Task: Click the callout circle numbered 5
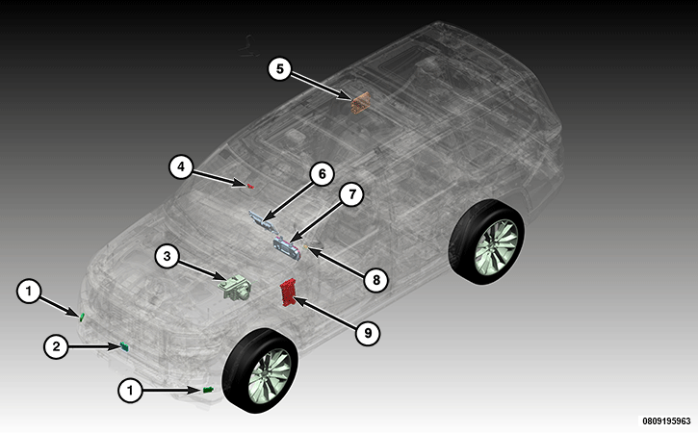(x=279, y=69)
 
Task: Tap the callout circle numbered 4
(x=181, y=166)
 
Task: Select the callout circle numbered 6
(x=322, y=173)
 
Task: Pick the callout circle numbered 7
(x=351, y=194)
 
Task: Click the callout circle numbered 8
(x=376, y=280)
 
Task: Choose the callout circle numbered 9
(x=368, y=333)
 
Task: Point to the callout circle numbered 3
(x=167, y=256)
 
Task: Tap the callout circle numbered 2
(x=56, y=346)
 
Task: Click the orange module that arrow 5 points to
(x=360, y=103)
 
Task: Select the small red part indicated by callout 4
(x=250, y=186)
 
